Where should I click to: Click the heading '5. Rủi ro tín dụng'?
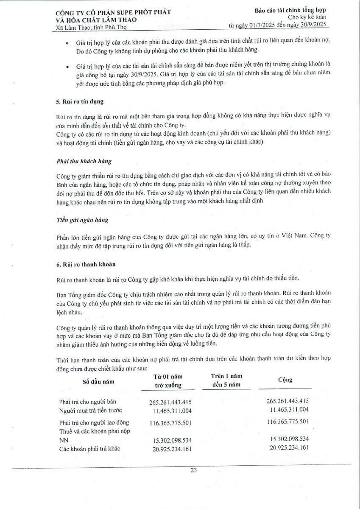(80, 102)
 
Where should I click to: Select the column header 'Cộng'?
(285, 380)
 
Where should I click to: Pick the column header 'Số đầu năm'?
(98, 381)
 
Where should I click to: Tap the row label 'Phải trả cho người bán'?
(88, 401)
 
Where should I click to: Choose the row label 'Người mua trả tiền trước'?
(90, 409)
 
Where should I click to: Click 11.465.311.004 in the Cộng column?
(289, 409)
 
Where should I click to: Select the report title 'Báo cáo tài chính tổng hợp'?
(290, 10)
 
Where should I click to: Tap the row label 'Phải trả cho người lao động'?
(94, 422)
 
